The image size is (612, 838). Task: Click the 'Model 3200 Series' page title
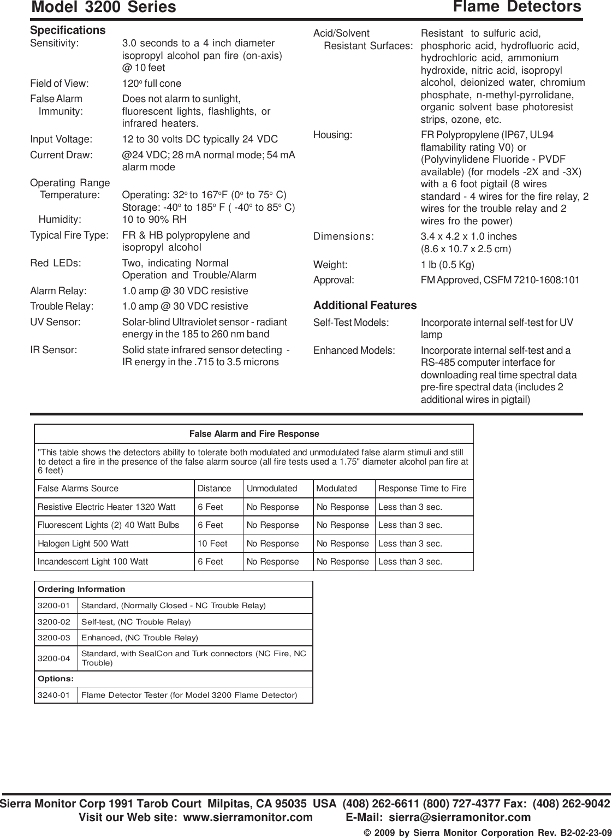tap(104, 7)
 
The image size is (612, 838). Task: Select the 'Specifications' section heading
tap(68, 30)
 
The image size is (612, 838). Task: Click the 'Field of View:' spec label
tap(59, 84)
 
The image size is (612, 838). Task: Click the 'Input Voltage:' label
tap(61, 139)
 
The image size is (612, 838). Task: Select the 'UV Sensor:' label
tap(55, 322)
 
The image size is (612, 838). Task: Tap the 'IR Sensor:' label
tap(54, 350)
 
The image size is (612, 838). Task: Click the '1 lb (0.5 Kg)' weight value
tap(447, 265)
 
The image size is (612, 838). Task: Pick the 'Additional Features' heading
tap(365, 305)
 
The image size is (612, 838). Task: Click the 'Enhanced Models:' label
tap(354, 350)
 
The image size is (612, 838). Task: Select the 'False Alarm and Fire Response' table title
tap(254, 434)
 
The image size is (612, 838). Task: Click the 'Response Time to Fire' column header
tap(422, 489)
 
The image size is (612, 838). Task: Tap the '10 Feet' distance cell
tap(212, 544)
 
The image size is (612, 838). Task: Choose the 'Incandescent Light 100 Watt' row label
tap(92, 562)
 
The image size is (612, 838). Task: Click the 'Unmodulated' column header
tap(272, 489)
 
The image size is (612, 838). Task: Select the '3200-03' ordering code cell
tap(54, 638)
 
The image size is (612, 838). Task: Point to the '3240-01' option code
tap(54, 695)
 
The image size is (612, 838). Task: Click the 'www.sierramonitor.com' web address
tap(248, 817)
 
